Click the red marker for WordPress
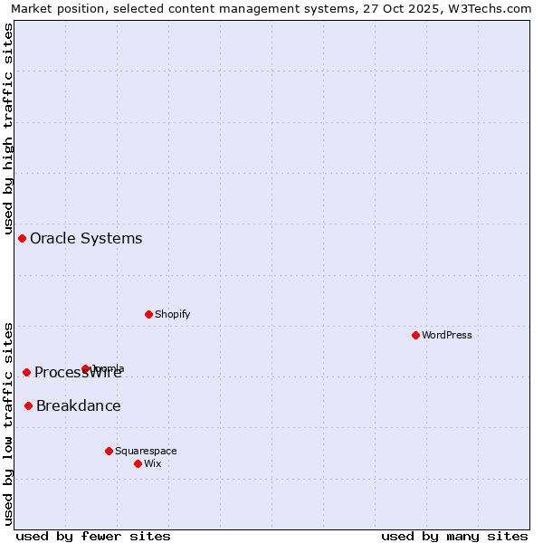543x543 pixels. tap(415, 335)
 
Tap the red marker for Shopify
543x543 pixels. tap(148, 314)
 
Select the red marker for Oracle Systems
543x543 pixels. tap(22, 238)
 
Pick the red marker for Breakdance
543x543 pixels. tap(28, 405)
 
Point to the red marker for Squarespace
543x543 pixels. tap(109, 451)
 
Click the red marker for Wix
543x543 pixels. tap(138, 463)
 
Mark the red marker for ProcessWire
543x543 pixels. tap(26, 372)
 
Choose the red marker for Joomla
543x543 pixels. tap(85, 368)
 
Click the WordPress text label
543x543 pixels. tap(447, 335)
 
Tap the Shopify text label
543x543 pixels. tap(172, 314)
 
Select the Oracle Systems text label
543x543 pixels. tap(86, 238)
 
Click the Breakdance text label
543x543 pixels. tap(79, 405)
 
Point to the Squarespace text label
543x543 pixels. tap(146, 451)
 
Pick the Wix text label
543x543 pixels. tap(153, 463)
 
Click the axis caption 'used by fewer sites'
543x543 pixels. tap(93, 536)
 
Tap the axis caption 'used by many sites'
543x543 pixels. tap(454, 536)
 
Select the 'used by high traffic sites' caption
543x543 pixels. tap(9, 126)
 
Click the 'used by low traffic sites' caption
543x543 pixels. tap(9, 423)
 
